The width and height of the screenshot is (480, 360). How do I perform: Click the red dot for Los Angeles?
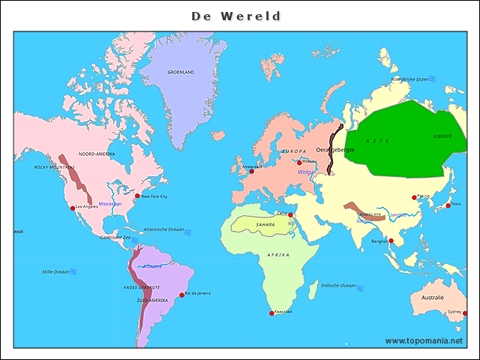[73, 208]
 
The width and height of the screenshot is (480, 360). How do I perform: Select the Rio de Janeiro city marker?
[181, 295]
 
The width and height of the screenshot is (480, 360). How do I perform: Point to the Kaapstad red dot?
[271, 313]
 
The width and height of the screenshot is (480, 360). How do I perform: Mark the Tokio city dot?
[448, 205]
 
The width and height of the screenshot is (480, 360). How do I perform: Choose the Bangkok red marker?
[389, 241]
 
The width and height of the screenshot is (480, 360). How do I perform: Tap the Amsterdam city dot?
[252, 172]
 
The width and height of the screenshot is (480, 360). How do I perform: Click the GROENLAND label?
[181, 72]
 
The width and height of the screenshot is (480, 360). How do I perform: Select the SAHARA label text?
[265, 224]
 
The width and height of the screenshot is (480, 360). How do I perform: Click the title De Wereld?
[235, 16]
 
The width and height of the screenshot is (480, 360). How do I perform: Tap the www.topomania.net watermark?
[423, 341]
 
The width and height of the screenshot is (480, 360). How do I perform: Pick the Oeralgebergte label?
[335, 150]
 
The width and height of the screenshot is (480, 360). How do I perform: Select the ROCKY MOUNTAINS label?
[55, 167]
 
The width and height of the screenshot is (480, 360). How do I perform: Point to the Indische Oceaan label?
[338, 285]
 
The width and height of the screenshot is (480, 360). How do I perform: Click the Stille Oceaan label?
[55, 271]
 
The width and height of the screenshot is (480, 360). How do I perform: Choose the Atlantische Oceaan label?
[163, 229]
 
